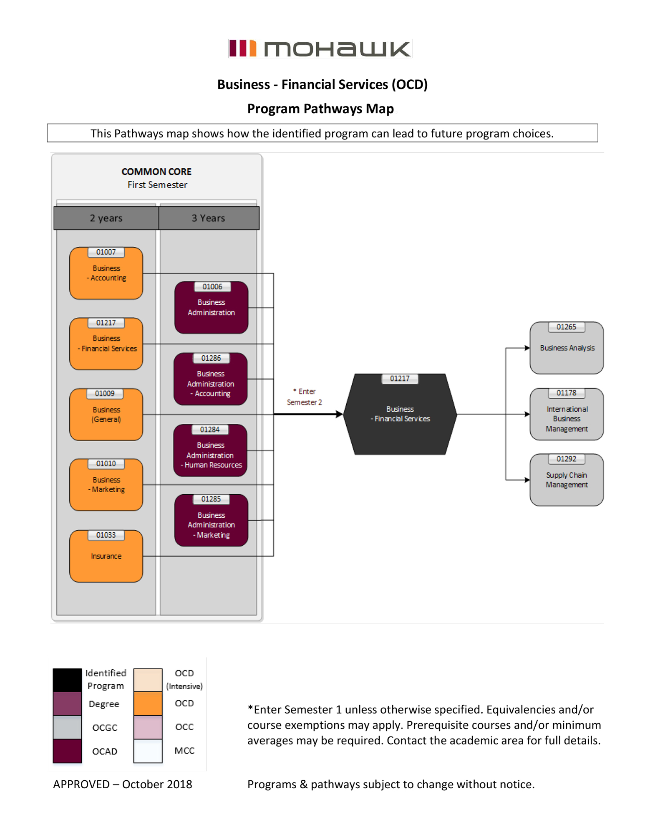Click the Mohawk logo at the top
point(320,48)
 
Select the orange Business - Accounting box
point(106,274)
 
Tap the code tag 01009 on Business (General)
point(105,393)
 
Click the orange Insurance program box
point(106,557)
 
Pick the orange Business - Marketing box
point(106,486)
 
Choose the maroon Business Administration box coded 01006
point(211,308)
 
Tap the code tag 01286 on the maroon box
point(211,358)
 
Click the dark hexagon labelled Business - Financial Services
point(400,414)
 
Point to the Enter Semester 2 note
point(305,397)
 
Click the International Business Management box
point(567,415)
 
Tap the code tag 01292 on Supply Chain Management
point(566,459)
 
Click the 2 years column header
point(106,218)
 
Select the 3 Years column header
point(209,218)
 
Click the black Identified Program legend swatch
point(67,680)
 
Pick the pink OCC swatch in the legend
point(148,727)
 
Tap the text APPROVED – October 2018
point(122,784)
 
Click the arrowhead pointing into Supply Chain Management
point(527,480)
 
